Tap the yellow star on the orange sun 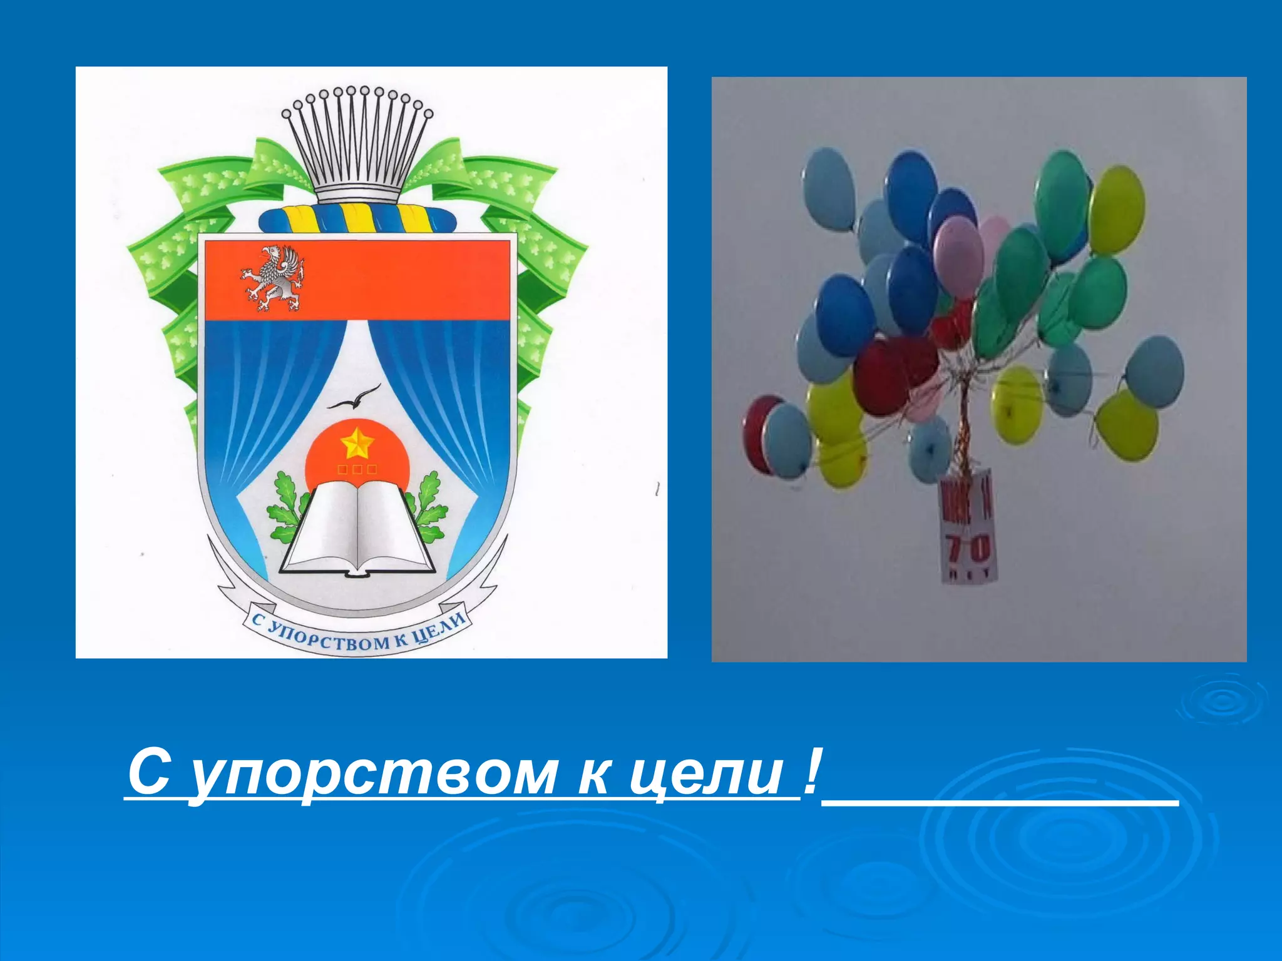pyautogui.click(x=357, y=443)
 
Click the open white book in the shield pyautogui.click(x=357, y=529)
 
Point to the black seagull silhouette pyautogui.click(x=354, y=398)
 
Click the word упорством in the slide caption pyautogui.click(x=373, y=775)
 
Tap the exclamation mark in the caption pyautogui.click(x=811, y=773)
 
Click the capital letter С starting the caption pyautogui.click(x=149, y=773)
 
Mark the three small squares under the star pyautogui.click(x=357, y=469)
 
